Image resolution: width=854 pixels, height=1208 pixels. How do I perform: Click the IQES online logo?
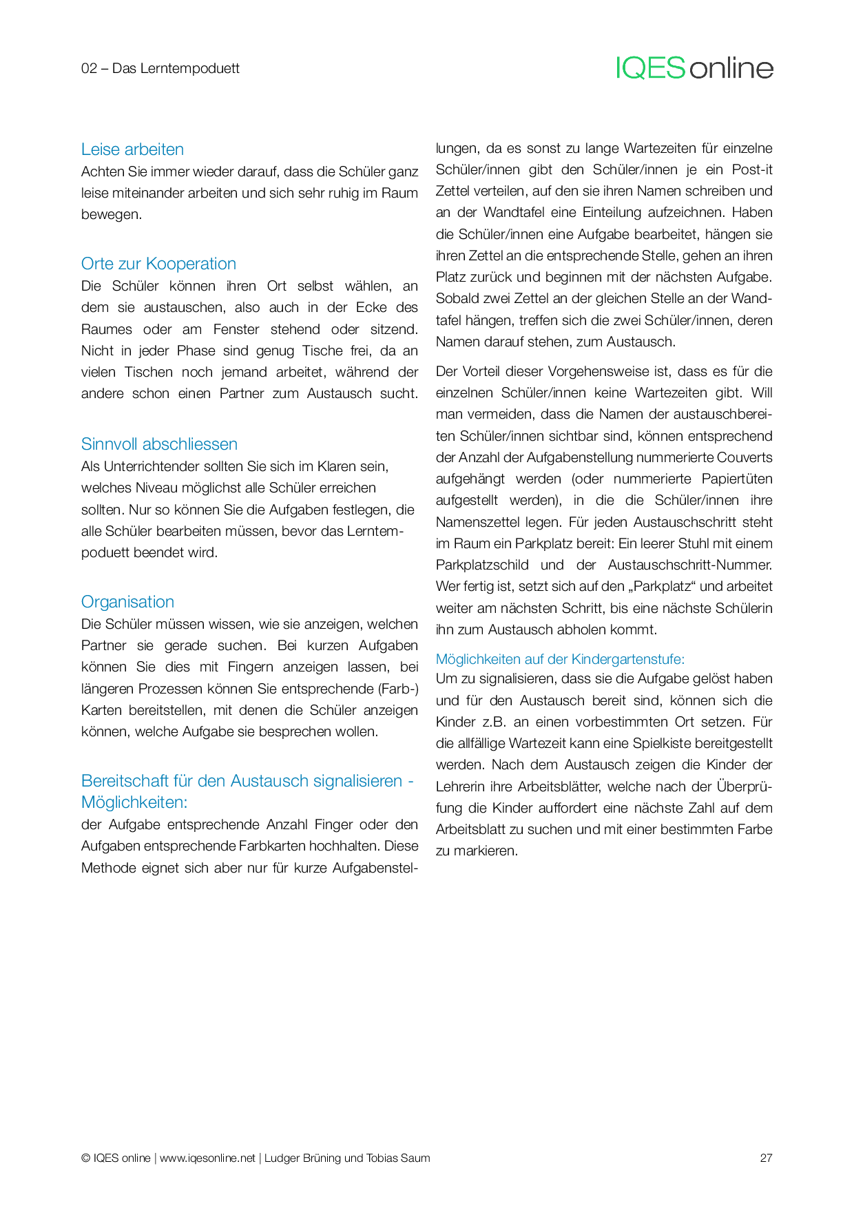(694, 68)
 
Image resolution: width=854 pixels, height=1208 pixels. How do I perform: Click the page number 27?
(766, 1158)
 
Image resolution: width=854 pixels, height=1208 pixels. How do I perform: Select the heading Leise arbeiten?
(132, 149)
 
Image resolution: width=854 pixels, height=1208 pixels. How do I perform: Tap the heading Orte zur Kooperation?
(158, 264)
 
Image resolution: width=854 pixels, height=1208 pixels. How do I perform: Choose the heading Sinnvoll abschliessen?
(159, 444)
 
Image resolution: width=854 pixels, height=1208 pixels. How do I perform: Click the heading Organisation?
(127, 602)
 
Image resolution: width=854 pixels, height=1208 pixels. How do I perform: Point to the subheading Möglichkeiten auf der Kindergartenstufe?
(560, 659)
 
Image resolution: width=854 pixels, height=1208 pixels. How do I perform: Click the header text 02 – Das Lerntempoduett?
(160, 68)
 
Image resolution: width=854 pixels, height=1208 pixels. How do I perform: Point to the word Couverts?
(744, 457)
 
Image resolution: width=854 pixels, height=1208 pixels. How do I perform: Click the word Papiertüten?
(737, 479)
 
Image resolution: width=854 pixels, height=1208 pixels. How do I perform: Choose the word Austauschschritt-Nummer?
(689, 565)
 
